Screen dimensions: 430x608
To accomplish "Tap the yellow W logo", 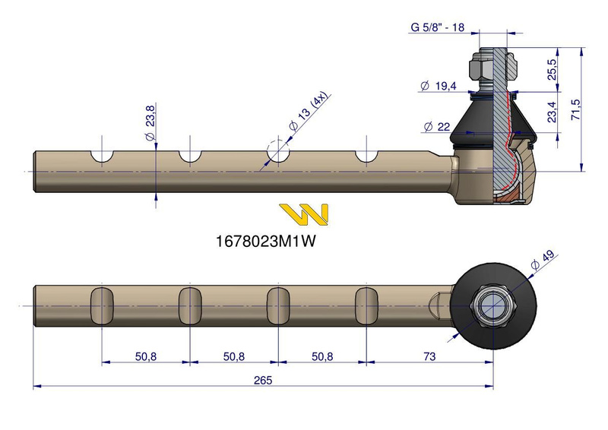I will (303, 214).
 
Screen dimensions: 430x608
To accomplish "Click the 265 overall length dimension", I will (264, 380).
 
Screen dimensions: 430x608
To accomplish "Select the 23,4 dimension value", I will (553, 112).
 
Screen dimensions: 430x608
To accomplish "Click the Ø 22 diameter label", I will (438, 125).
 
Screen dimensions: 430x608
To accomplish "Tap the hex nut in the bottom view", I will (492, 305).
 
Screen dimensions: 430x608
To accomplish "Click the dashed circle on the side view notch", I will (278, 150).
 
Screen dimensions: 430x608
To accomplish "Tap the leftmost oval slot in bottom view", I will (102, 305).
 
